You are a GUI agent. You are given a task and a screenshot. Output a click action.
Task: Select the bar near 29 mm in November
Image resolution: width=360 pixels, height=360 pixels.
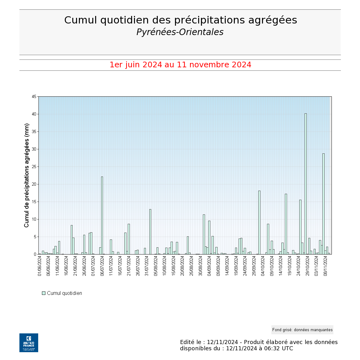[x=323, y=203]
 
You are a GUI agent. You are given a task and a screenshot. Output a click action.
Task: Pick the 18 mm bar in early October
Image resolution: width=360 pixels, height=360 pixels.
[x=259, y=222]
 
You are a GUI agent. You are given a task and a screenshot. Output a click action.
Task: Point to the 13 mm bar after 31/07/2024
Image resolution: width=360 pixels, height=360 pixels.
[x=150, y=232]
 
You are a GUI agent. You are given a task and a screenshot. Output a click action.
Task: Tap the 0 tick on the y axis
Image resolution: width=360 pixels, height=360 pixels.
[x=35, y=255]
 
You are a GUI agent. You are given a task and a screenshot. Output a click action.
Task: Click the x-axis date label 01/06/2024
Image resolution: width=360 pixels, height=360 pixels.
[x=40, y=266]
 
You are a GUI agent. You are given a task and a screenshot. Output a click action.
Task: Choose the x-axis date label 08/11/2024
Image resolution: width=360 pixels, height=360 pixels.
[x=326, y=266]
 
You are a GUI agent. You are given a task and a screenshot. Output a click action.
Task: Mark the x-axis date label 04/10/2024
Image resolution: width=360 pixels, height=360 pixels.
[x=263, y=266]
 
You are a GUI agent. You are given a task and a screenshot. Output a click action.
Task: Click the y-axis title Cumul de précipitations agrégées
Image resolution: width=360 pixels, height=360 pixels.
[x=27, y=175]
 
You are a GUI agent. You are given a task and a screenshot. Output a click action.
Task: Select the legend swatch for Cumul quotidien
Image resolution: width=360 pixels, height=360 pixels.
[x=44, y=293]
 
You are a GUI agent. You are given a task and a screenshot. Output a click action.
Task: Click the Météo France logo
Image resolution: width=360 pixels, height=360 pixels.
[x=29, y=343]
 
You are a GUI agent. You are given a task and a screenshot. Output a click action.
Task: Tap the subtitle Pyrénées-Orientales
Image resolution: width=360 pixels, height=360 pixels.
[x=180, y=32]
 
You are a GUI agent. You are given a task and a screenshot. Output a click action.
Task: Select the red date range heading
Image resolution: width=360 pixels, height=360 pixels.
[x=180, y=65]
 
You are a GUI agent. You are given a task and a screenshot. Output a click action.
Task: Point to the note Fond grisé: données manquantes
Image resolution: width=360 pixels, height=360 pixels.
[x=302, y=330]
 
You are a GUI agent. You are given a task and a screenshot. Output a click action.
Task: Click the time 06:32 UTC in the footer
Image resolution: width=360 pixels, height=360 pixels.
[x=275, y=348]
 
